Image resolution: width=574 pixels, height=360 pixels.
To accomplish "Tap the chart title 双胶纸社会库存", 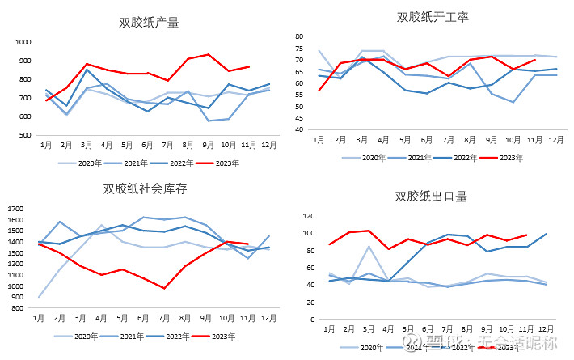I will coord(145,189).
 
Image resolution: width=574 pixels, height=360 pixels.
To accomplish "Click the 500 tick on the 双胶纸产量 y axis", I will coord(24,135).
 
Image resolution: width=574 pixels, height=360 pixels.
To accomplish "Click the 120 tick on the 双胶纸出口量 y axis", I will coord(307,216).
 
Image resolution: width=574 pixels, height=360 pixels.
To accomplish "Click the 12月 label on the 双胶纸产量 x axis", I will coord(268,146).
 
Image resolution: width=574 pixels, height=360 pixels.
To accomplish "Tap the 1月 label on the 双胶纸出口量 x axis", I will coord(330,330).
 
